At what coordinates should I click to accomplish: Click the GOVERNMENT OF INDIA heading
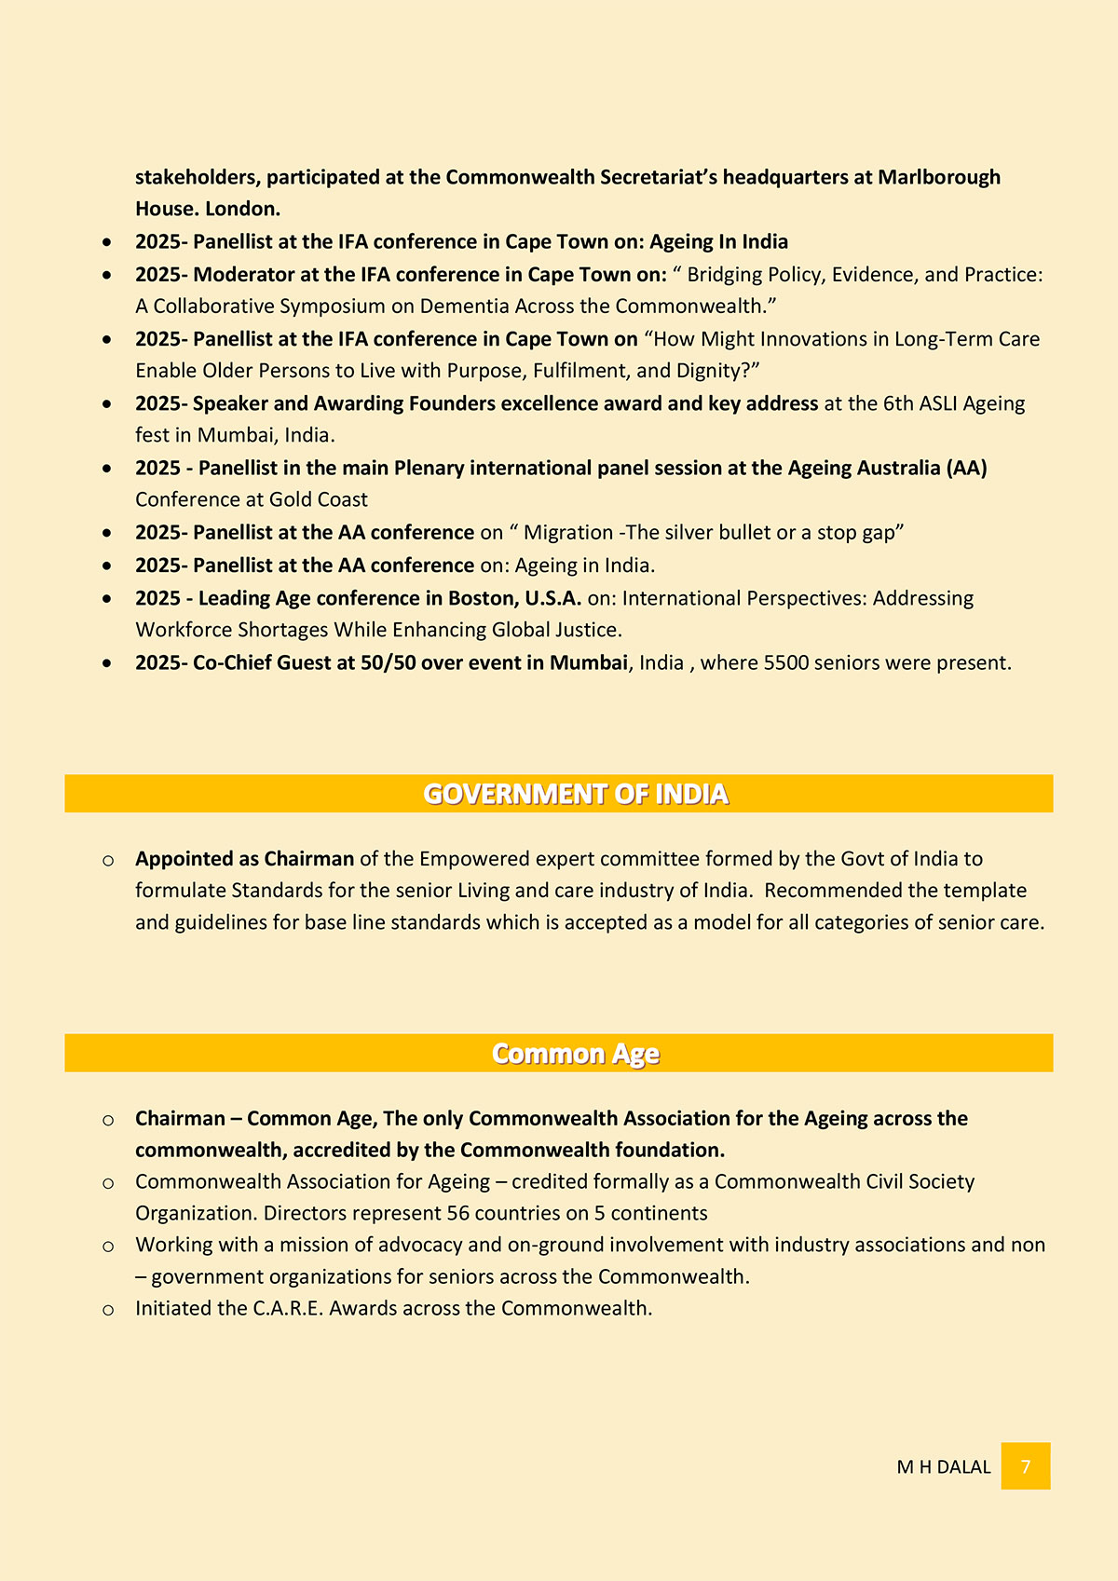tap(575, 794)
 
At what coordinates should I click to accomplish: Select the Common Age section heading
tap(575, 1054)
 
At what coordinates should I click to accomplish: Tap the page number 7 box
tap(1026, 1466)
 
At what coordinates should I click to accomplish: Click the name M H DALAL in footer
tap(943, 1467)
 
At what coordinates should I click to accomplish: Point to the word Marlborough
tap(939, 177)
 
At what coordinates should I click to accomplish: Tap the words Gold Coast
tap(319, 499)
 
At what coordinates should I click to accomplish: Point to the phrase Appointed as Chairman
tap(244, 859)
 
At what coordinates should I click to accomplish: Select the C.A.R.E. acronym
tap(288, 1308)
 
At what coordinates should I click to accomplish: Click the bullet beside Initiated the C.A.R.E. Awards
tap(108, 1310)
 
